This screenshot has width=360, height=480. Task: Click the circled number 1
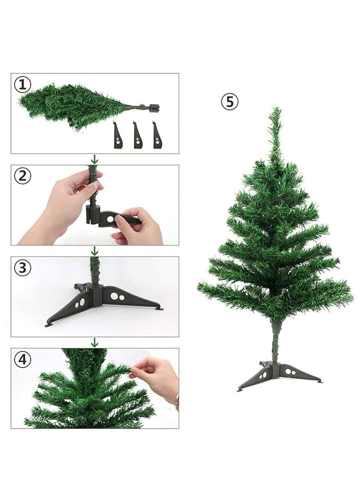pos(22,84)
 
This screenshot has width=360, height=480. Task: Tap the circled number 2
pos(22,176)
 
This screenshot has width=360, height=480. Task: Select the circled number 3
pos(22,267)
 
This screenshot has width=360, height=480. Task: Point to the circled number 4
pos(22,359)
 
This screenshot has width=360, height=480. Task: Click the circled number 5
pos(229,101)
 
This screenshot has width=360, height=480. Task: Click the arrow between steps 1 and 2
pos(95,159)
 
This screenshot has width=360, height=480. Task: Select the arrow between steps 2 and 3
pos(95,251)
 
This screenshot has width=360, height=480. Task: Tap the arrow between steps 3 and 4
pos(95,342)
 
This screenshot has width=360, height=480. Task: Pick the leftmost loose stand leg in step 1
pos(118,135)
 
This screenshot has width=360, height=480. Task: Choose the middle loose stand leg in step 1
pos(138,135)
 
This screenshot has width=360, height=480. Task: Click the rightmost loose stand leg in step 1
pos(157,135)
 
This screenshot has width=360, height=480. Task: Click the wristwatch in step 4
pos(177,401)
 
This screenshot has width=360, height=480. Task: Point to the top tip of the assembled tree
pos(276,108)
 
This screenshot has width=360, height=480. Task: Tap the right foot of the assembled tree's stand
pos(319,381)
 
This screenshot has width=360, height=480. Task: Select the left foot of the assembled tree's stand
pos(239,389)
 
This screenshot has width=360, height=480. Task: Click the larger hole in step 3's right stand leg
pos(114,296)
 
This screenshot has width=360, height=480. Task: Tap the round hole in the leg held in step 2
pos(110,219)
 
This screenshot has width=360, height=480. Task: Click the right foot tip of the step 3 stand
pos(159,308)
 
